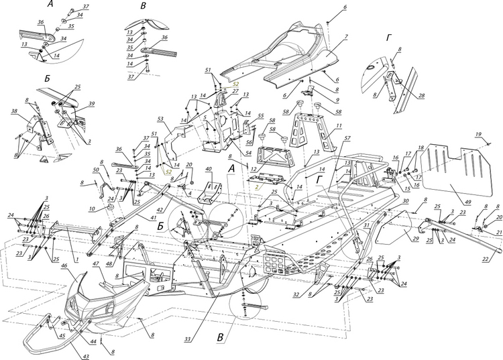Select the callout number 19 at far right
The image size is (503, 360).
(478, 135)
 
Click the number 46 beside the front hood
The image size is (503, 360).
(64, 266)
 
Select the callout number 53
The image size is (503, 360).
(160, 118)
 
